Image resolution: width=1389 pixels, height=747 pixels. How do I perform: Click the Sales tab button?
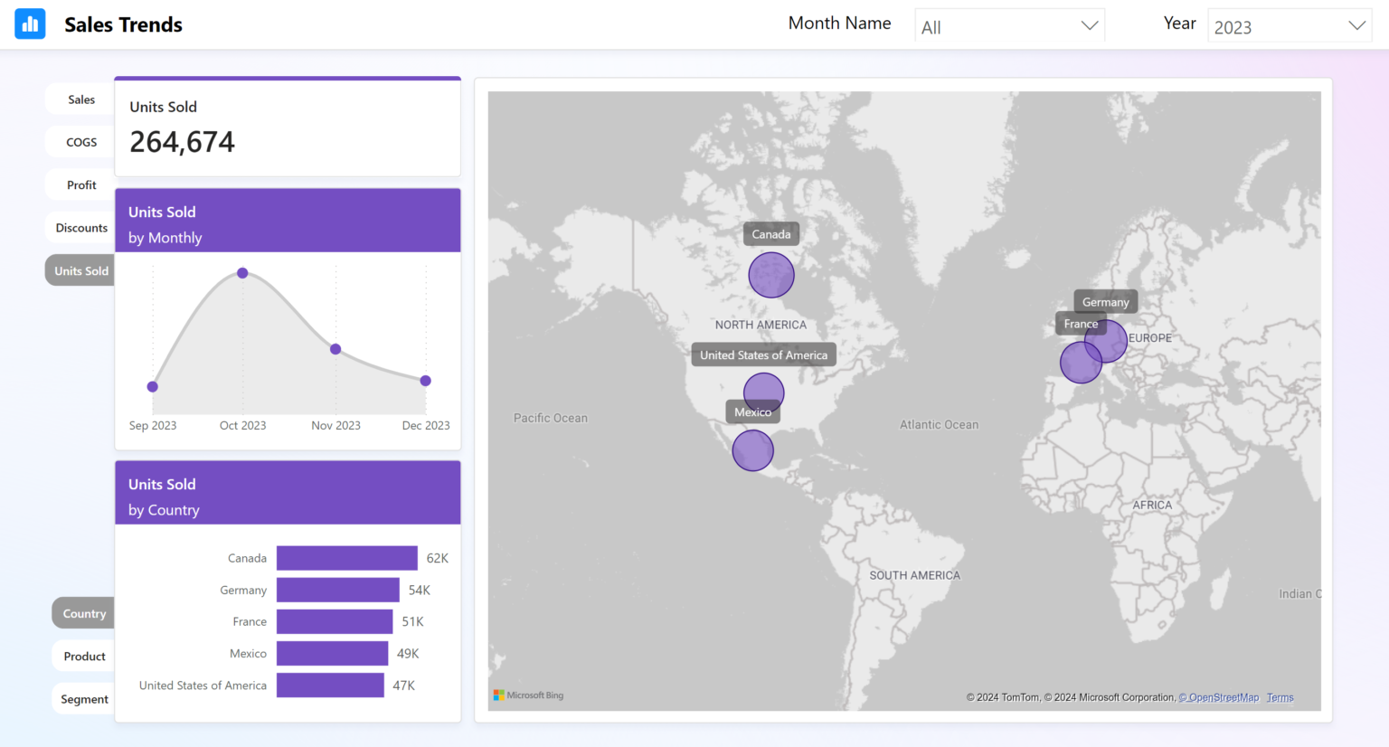81,99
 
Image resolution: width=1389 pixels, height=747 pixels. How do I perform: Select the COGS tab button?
81,142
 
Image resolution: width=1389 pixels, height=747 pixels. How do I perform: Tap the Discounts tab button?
81,228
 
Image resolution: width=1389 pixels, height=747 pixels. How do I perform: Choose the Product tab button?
84,657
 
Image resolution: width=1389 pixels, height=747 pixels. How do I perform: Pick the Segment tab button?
84,699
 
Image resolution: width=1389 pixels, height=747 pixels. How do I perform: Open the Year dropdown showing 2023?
1289,27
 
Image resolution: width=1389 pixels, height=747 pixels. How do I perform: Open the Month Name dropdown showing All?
1009,27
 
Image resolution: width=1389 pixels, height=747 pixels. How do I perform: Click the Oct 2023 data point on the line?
242,273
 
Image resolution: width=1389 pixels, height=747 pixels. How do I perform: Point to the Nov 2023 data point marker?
335,349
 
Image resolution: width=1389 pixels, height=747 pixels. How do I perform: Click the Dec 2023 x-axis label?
425,426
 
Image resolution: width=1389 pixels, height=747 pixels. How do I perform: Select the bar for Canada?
346,558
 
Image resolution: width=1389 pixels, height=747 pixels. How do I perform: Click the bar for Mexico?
332,653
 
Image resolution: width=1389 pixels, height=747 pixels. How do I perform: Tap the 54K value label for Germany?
419,591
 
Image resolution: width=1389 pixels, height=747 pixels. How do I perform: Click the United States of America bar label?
203,686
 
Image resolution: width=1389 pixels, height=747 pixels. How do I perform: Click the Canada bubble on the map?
771,275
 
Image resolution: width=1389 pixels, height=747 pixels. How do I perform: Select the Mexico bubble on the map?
752,450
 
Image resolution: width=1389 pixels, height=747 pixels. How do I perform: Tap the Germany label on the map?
1105,302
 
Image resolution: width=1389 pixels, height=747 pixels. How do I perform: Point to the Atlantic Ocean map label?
939,425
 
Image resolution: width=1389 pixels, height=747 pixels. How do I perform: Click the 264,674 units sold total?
182,142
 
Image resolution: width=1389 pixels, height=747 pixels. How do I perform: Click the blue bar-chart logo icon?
30,24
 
